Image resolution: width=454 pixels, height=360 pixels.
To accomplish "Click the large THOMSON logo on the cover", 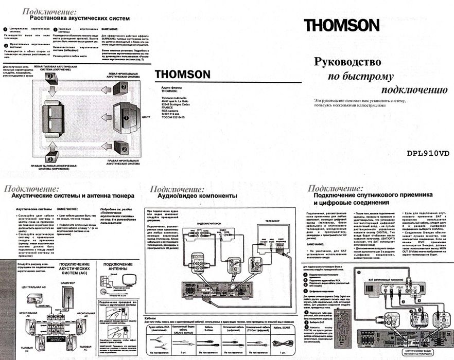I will tap(341, 25).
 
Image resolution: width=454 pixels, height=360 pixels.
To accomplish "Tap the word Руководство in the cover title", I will tap(347, 62).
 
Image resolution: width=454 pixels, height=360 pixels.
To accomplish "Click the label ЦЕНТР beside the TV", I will tap(146, 117).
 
